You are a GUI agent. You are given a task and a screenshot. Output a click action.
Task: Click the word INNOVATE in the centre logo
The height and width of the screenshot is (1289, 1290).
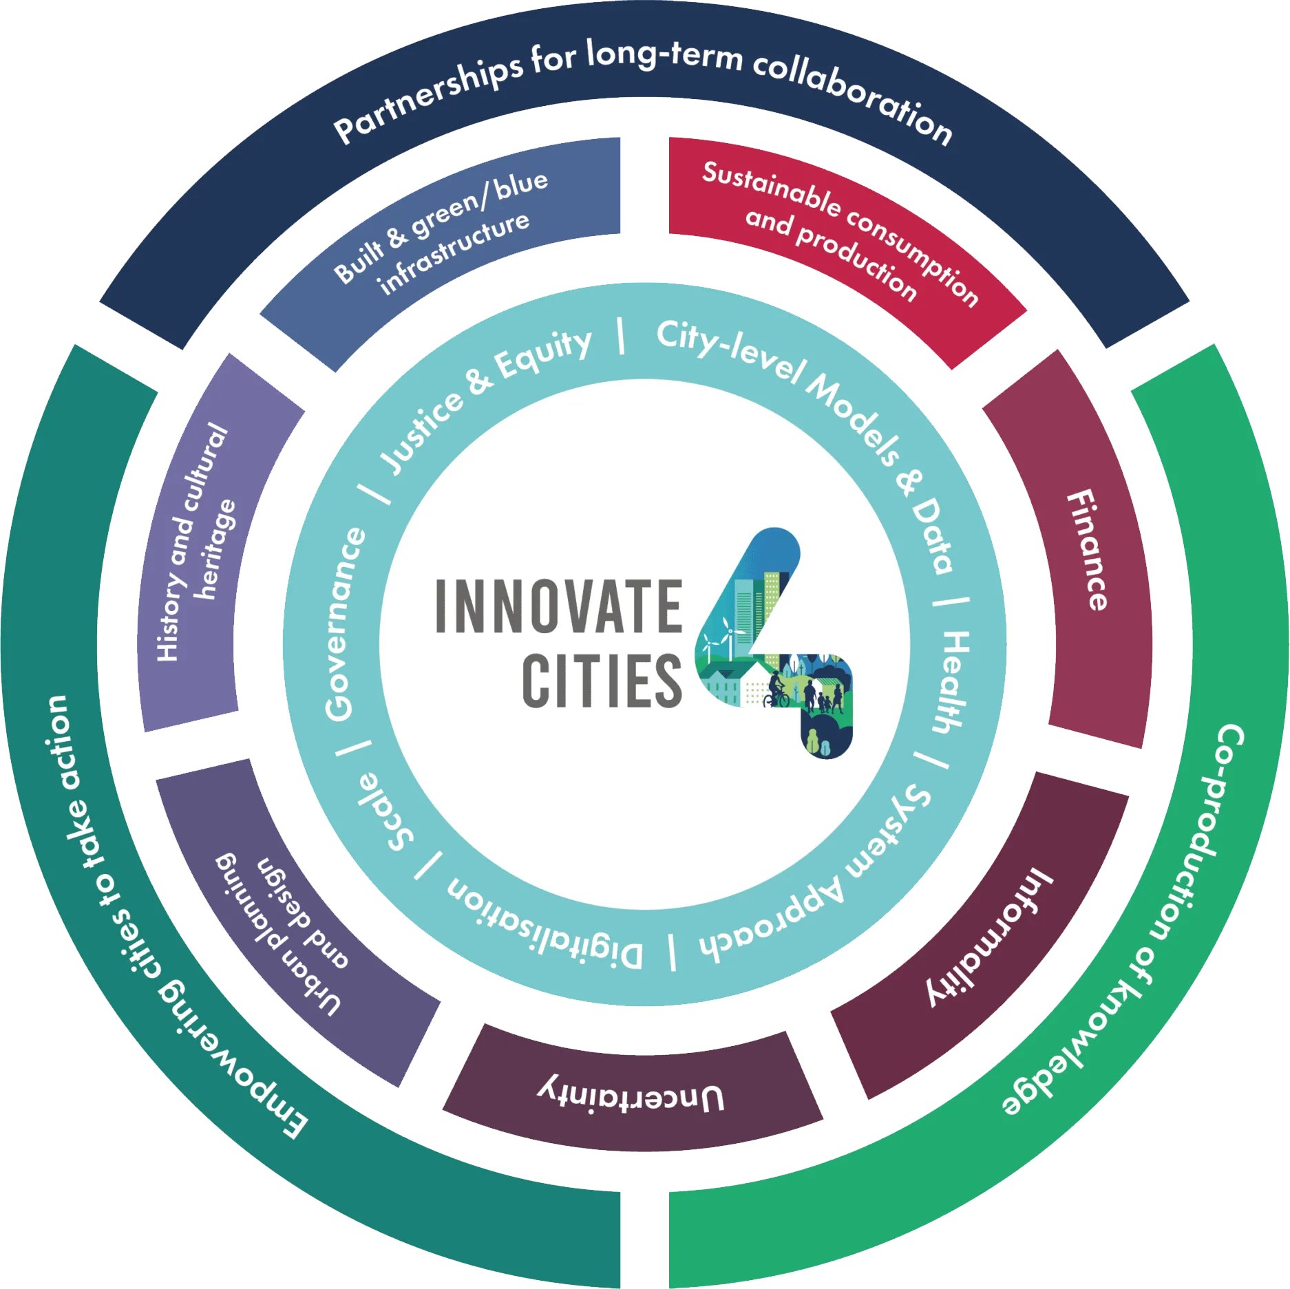pos(559,606)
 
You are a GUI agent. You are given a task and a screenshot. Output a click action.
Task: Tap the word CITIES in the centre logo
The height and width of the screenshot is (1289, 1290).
pos(602,681)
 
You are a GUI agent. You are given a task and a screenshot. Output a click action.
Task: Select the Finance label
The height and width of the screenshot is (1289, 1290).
pos(1088,550)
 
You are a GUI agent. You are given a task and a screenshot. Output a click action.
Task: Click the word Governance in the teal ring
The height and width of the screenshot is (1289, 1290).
pos(346,624)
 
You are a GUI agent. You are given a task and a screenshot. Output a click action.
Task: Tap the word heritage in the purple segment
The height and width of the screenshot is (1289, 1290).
pos(215,549)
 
